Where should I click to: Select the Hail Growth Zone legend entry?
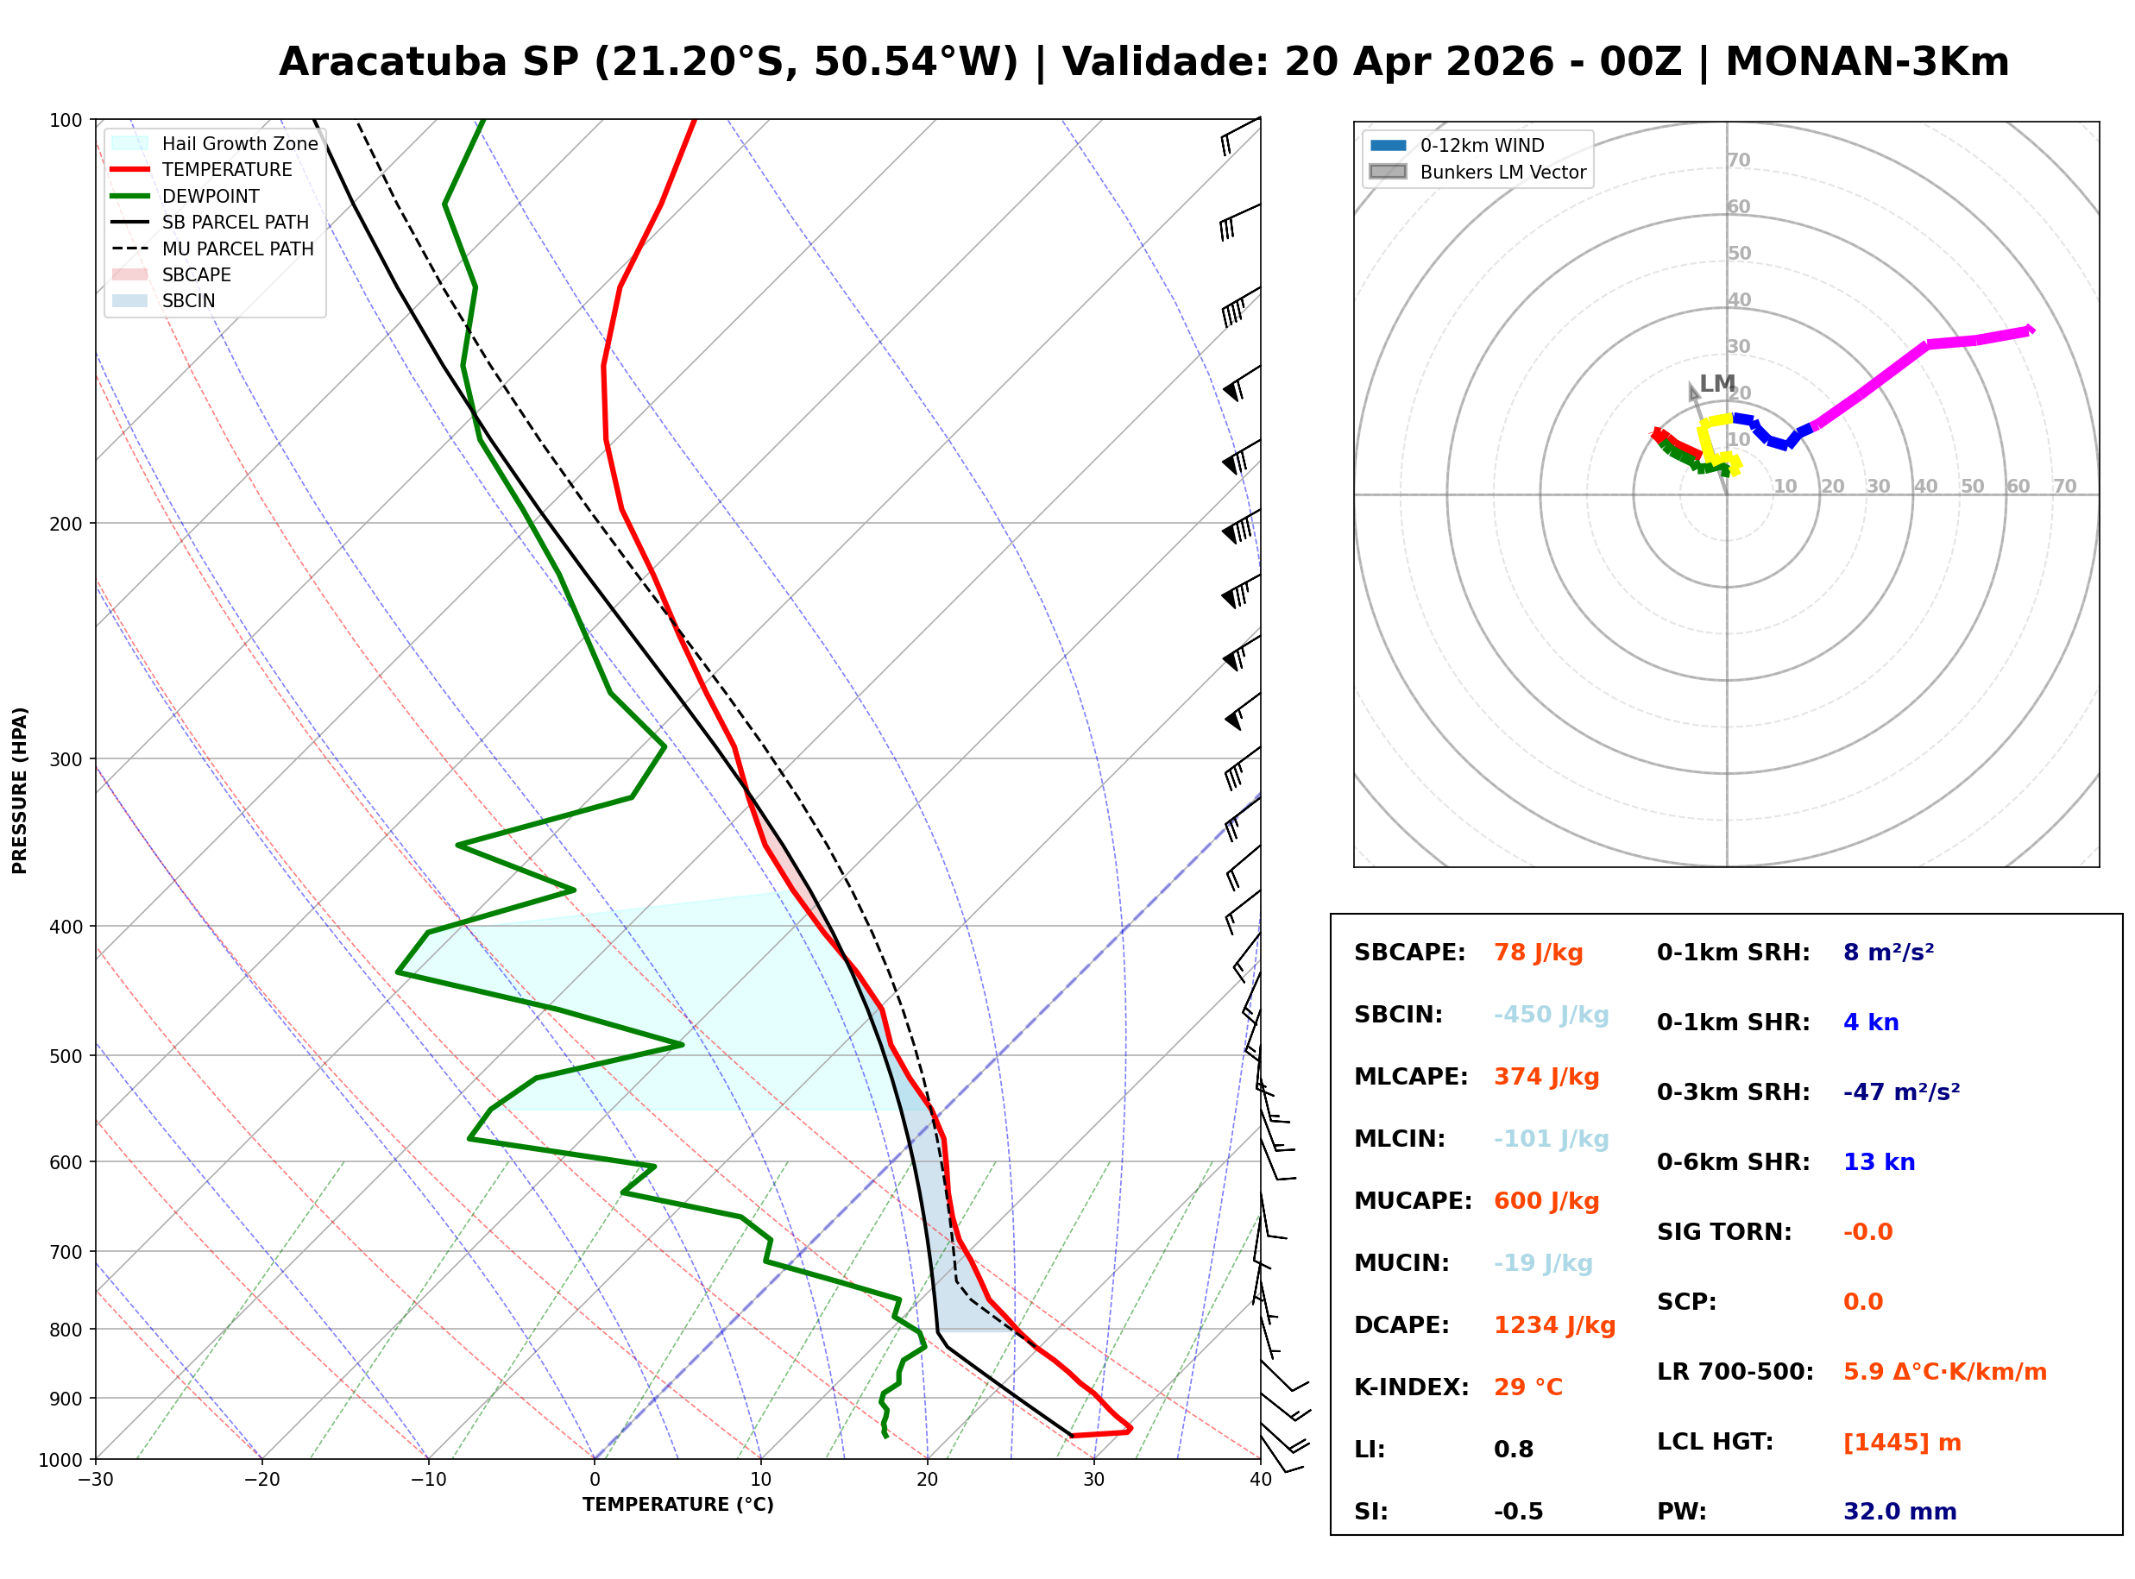pyautogui.click(x=215, y=143)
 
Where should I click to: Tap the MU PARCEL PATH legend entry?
pyautogui.click(x=212, y=248)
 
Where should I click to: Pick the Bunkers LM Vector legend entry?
pyautogui.click(x=1477, y=172)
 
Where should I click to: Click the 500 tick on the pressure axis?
pyautogui.click(x=65, y=1056)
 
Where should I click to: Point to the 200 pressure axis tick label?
pyautogui.click(x=65, y=524)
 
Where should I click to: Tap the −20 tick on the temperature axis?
pyautogui.click(x=261, y=1480)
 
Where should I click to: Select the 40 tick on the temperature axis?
pyautogui.click(x=1260, y=1480)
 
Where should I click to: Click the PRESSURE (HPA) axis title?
pyautogui.click(x=20, y=790)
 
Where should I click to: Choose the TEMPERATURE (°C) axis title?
pyautogui.click(x=677, y=1505)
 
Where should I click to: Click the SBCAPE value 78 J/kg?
pyautogui.click(x=1538, y=953)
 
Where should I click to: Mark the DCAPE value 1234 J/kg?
pyautogui.click(x=1554, y=1325)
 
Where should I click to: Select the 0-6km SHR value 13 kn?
pyautogui.click(x=1879, y=1162)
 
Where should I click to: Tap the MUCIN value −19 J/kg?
pyautogui.click(x=1542, y=1263)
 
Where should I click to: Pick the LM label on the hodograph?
pyautogui.click(x=1716, y=383)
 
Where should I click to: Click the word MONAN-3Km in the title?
pyautogui.click(x=1867, y=62)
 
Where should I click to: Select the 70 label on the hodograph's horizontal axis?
pyautogui.click(x=2064, y=486)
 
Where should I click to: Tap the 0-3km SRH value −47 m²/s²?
pyautogui.click(x=1901, y=1092)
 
